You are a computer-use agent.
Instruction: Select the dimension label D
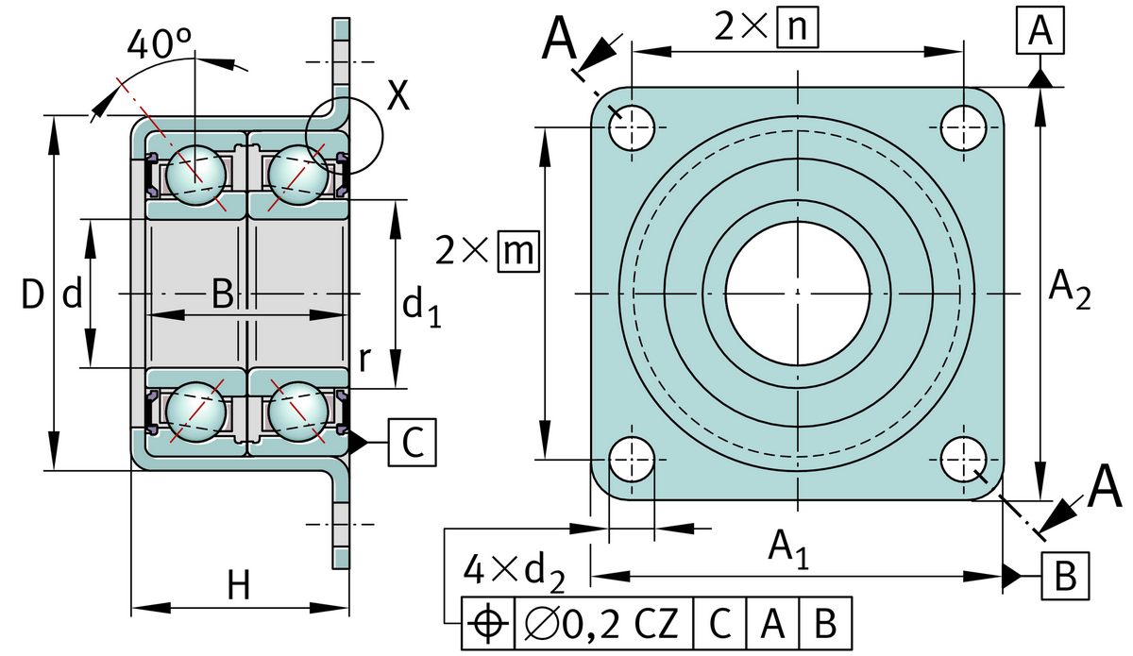pyautogui.click(x=32, y=296)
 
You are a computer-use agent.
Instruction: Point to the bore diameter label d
pyautogui.click(x=70, y=296)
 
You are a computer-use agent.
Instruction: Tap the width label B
pyautogui.click(x=222, y=295)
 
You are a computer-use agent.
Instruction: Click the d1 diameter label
pyautogui.click(x=421, y=306)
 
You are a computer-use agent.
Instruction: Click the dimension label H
pyautogui.click(x=238, y=587)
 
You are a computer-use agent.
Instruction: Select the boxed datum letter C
pyautogui.click(x=413, y=441)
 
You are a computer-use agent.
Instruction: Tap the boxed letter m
pyautogui.click(x=516, y=251)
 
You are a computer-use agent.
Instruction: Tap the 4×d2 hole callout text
pyautogui.click(x=515, y=571)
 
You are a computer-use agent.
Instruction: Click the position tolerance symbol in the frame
pyautogui.click(x=487, y=622)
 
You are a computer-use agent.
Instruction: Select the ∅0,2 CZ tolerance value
pyautogui.click(x=601, y=622)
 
